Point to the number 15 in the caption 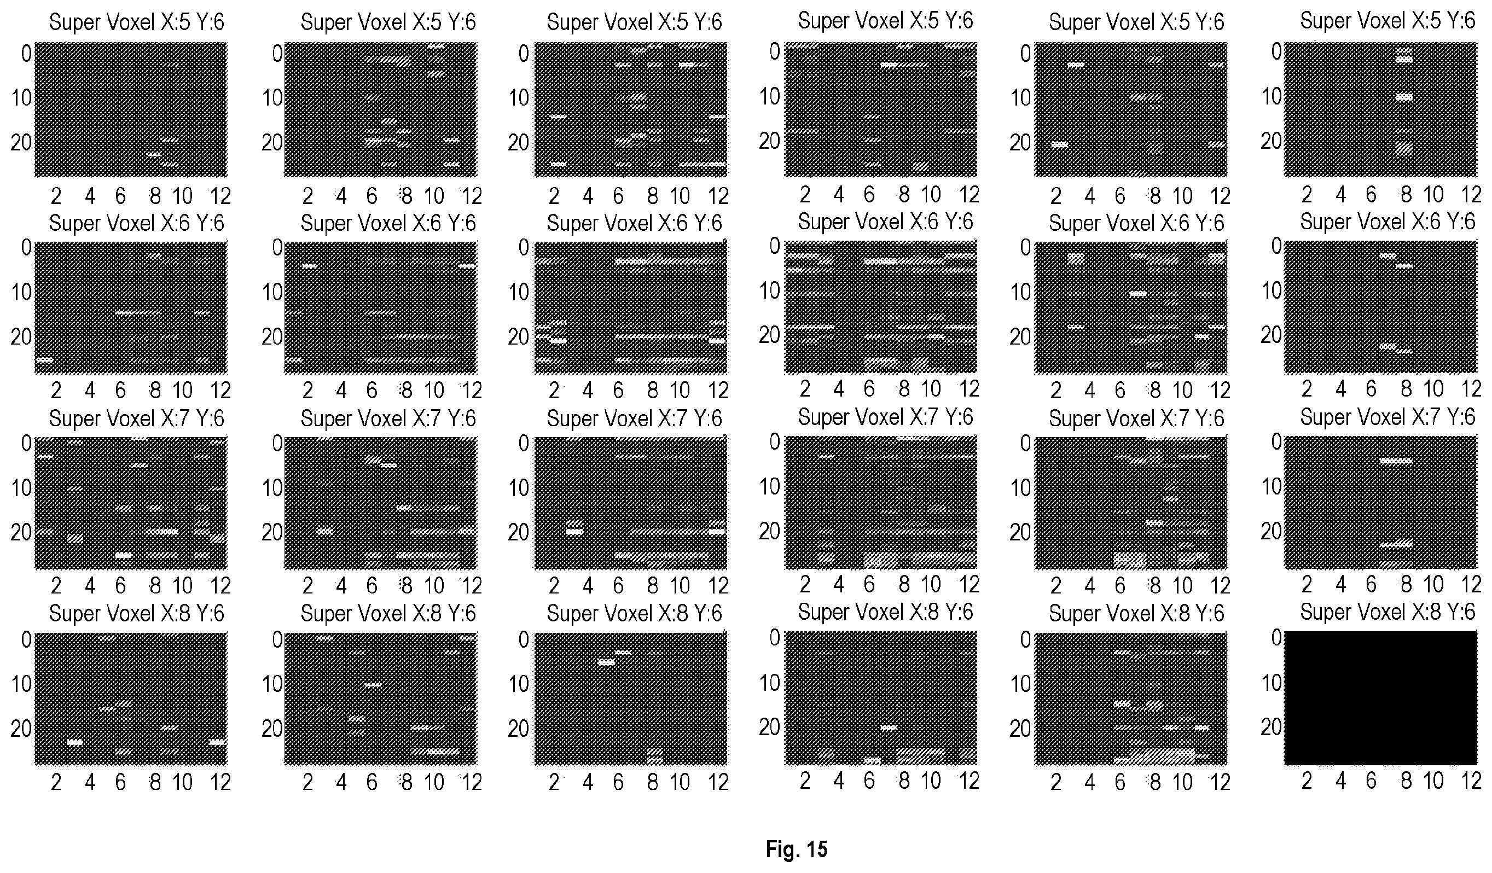pyautogui.click(x=816, y=849)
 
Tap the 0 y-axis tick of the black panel pyautogui.click(x=1276, y=638)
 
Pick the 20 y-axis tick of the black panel pyautogui.click(x=1271, y=727)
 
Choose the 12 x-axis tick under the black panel pyautogui.click(x=1471, y=781)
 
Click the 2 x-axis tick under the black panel pyautogui.click(x=1307, y=781)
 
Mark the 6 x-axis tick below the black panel pyautogui.click(x=1371, y=781)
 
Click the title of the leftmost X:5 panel pyautogui.click(x=136, y=22)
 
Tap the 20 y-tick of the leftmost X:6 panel pyautogui.click(x=21, y=337)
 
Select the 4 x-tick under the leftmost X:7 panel pyautogui.click(x=90, y=586)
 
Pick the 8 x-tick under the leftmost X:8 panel pyautogui.click(x=155, y=782)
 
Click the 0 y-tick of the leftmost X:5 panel pyautogui.click(x=26, y=54)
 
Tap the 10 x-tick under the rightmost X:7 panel pyautogui.click(x=1433, y=585)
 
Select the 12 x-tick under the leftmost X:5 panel pyautogui.click(x=220, y=196)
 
